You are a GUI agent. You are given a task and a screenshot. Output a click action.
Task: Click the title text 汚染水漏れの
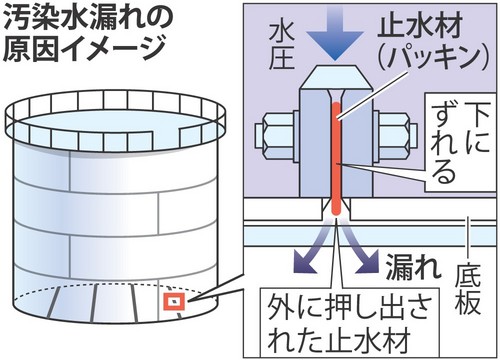click(88, 19)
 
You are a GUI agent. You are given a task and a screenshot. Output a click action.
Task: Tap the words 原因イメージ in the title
click(84, 49)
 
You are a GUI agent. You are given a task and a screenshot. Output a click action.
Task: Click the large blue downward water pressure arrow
click(335, 32)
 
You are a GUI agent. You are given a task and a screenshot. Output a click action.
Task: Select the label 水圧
click(282, 47)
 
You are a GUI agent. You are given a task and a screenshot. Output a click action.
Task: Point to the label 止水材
click(421, 26)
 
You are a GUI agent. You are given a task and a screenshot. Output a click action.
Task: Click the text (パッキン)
click(433, 57)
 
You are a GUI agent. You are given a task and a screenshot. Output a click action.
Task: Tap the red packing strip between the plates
click(336, 159)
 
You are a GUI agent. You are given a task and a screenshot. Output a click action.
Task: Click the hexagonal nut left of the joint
click(277, 136)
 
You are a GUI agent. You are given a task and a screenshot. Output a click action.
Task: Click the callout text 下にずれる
click(460, 142)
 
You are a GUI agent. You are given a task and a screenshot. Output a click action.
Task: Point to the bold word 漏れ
click(413, 266)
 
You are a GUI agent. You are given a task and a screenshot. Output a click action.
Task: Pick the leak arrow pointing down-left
click(311, 248)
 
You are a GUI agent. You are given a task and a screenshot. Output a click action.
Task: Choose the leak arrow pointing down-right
click(361, 248)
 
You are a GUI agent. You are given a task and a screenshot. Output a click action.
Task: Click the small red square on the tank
click(174, 302)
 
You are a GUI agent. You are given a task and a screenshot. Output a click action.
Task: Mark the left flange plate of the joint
click(315, 143)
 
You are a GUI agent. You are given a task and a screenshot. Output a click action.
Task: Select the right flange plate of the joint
click(357, 143)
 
